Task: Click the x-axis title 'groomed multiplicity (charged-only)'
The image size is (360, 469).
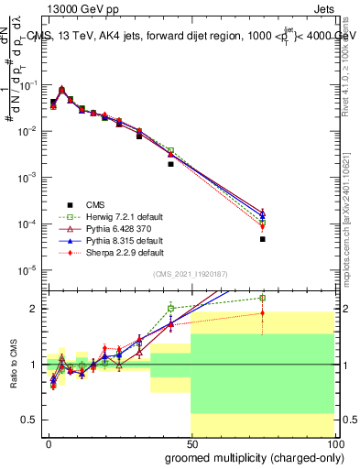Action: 250,456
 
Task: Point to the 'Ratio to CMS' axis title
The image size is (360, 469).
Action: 12,364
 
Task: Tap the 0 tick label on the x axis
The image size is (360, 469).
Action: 49,442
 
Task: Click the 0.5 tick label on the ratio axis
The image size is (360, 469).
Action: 29,420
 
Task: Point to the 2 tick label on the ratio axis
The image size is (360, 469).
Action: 35,309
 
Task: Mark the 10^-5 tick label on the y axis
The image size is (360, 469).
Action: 27,270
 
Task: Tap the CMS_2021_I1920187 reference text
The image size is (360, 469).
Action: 191,274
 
